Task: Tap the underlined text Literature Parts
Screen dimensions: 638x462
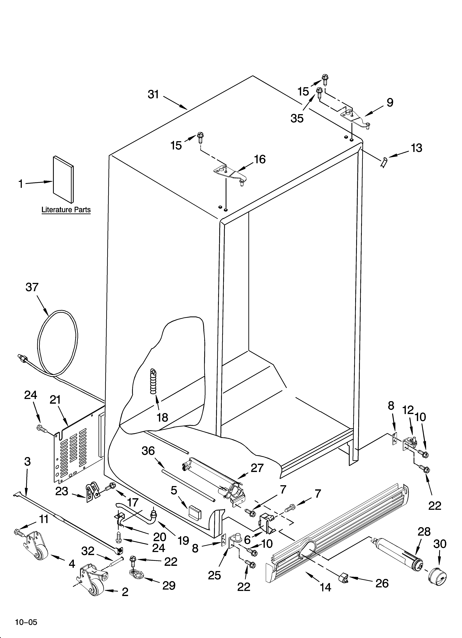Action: point(66,210)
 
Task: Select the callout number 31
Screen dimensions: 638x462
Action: point(154,95)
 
